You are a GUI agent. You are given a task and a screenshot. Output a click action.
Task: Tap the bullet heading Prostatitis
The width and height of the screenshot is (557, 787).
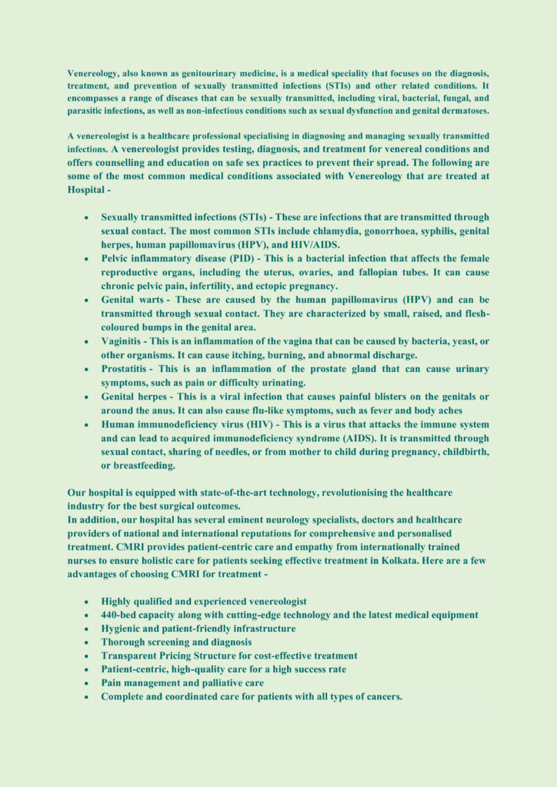click(x=126, y=370)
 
